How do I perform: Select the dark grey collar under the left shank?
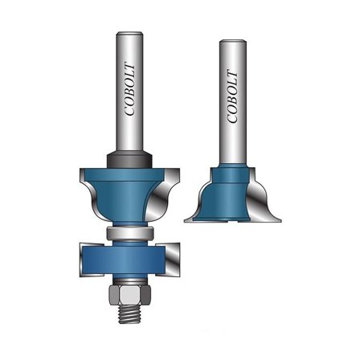(132, 159)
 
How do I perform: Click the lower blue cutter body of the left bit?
(129, 256)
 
